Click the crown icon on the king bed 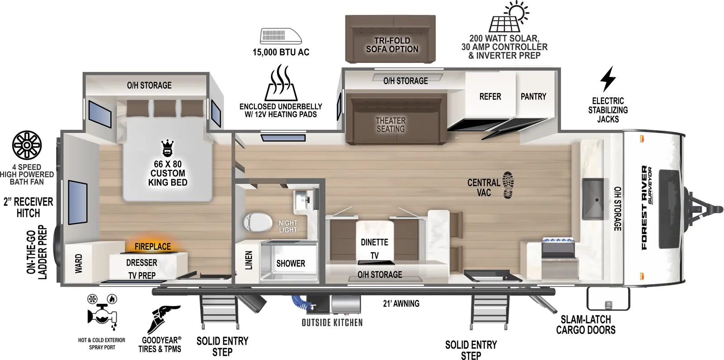click(167, 148)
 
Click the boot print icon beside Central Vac click(508, 185)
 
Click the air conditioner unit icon click(281, 36)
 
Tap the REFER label click(490, 96)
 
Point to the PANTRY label click(533, 96)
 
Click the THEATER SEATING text click(391, 124)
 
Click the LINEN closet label click(248, 261)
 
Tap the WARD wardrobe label click(79, 263)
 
